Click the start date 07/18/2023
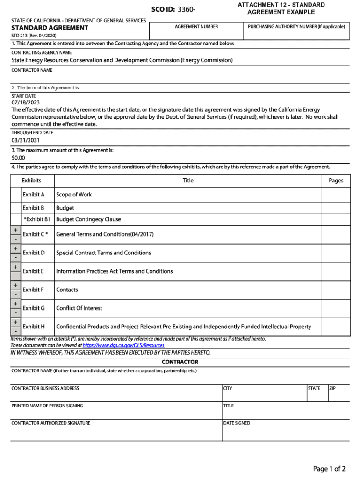coord(26,103)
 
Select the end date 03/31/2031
coord(26,140)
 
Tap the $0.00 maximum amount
coord(18,158)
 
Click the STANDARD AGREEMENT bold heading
coord(50,28)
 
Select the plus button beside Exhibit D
coord(16,248)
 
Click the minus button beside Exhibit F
coord(16,294)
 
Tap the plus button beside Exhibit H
coord(16,322)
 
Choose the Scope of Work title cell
coord(74,195)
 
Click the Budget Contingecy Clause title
coord(88,219)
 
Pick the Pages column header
coord(336,181)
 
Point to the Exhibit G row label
coord(34,308)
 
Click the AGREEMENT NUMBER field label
coord(196,27)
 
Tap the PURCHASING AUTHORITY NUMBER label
coord(296,27)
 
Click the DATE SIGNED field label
coord(237,423)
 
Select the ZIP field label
coord(332,388)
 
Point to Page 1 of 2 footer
coord(329,469)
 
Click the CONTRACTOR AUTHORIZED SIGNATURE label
coord(51,423)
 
